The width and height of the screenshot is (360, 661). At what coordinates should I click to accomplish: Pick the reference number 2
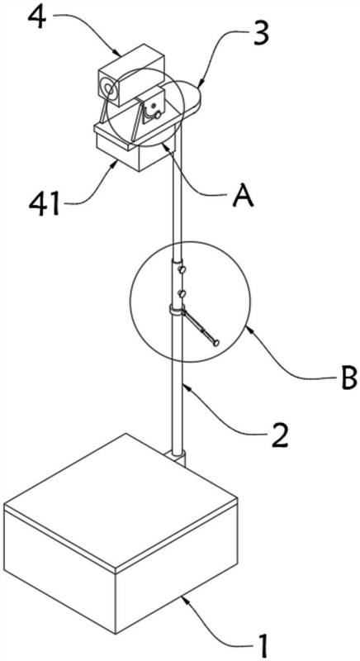[x=278, y=435]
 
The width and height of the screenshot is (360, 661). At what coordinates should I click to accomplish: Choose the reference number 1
[x=263, y=644]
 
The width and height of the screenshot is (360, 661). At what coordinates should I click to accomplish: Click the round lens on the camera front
[x=107, y=88]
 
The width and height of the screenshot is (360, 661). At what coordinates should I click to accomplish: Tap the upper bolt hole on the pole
[x=182, y=269]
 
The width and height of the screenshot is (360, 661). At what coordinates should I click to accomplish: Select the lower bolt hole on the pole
[x=182, y=293]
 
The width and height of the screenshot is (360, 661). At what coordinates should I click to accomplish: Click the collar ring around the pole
[x=178, y=311]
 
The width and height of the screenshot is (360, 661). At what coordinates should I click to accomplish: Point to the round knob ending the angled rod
[x=216, y=343]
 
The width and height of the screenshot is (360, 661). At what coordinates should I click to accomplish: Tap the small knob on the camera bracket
[x=158, y=114]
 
